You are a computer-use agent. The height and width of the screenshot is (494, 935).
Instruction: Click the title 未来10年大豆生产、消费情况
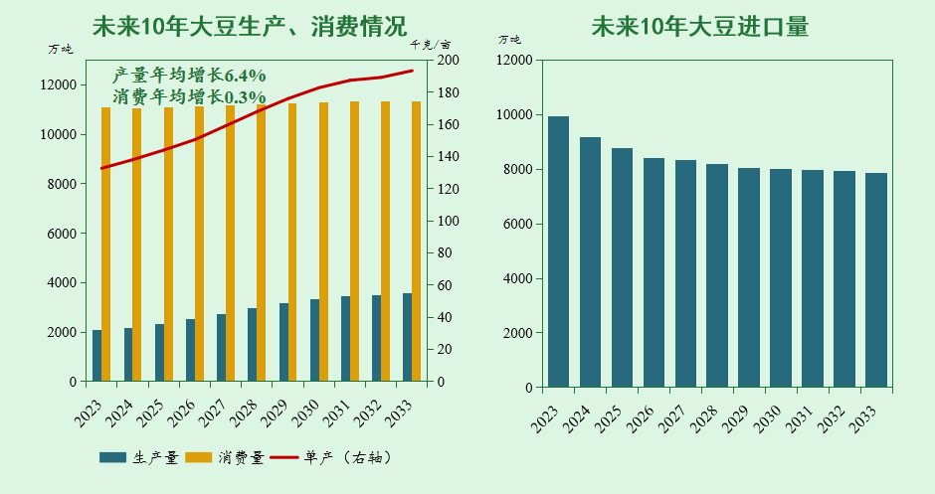coord(249,26)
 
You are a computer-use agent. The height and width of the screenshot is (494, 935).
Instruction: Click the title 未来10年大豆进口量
coord(699,26)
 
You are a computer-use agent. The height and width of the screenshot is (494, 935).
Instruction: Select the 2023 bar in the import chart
coord(559,251)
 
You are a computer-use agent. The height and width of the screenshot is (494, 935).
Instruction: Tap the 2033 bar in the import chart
coord(876,280)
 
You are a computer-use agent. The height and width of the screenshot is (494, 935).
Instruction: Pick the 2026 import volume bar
coord(654,272)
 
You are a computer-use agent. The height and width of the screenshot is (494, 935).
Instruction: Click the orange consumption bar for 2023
coord(106,244)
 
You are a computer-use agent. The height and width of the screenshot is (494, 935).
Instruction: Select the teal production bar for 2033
coord(407,338)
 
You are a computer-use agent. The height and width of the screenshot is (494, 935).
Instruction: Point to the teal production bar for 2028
coord(252,345)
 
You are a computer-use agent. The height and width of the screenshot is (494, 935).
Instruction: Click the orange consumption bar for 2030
coord(323,242)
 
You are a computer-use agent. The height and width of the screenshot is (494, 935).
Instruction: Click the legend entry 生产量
coord(139,457)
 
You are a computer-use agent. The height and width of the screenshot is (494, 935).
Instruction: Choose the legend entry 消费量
coord(226,457)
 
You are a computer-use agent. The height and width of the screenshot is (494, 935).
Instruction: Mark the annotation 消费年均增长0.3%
coord(189,97)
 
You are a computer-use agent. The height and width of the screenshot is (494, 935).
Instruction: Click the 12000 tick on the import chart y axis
coord(514,61)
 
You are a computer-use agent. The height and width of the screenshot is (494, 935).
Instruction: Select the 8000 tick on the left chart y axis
coord(61,184)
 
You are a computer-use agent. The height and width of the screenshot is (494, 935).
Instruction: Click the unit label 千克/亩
coord(430,45)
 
